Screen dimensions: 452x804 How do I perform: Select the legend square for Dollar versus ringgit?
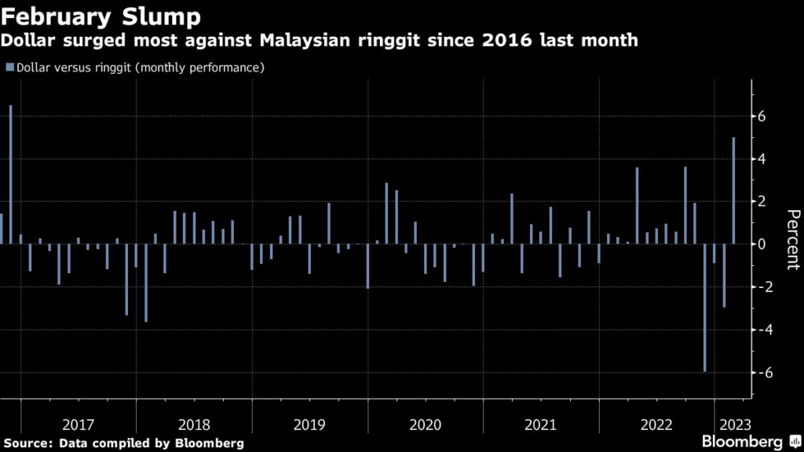9,67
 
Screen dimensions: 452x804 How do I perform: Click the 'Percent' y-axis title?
792,239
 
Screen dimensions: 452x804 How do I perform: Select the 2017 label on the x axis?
79,425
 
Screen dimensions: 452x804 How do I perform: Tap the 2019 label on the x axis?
309,425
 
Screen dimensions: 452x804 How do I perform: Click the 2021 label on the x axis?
540,425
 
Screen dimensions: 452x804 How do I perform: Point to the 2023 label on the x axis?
733,425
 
